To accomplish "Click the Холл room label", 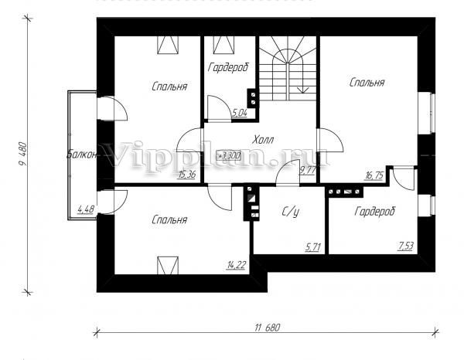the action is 263,140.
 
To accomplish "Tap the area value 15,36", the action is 186,175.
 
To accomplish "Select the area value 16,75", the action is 374,175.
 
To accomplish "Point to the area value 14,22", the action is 236,265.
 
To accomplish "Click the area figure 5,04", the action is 240,113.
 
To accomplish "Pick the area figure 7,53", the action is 406,246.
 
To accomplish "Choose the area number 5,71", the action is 312,246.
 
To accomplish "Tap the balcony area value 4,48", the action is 86,209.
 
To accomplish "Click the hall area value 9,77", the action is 308,171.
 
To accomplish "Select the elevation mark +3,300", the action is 229,155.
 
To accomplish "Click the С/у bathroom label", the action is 290,212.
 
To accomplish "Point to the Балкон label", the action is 82,155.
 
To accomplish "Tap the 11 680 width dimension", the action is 267,328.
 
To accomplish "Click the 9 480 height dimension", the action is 23,155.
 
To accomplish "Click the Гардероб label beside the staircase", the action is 228,68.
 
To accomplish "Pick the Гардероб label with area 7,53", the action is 374,212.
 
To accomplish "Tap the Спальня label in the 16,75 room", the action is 367,83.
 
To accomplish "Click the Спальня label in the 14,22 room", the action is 169,220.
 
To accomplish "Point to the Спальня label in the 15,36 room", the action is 169,87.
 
